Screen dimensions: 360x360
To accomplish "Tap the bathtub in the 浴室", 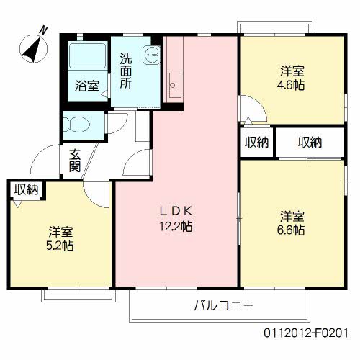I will point(86,57).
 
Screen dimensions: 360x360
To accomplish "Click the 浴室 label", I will point(87,86).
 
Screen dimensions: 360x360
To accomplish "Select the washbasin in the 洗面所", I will point(150,53).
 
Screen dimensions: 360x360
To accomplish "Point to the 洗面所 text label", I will point(126,71).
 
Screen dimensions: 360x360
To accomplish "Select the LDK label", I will point(175,211).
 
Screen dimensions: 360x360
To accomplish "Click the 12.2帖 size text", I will point(175,227).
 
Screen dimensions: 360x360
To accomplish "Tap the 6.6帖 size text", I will point(292,230).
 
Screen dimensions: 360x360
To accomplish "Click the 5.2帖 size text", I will point(60,246).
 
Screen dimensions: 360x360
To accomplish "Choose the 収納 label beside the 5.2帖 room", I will point(27,189).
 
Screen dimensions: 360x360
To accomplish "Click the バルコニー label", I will point(222,305).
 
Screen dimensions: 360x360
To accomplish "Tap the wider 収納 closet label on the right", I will point(310,142).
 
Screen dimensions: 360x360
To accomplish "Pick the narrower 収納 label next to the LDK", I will point(256,142).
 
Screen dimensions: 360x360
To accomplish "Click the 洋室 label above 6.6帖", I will point(292,215).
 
